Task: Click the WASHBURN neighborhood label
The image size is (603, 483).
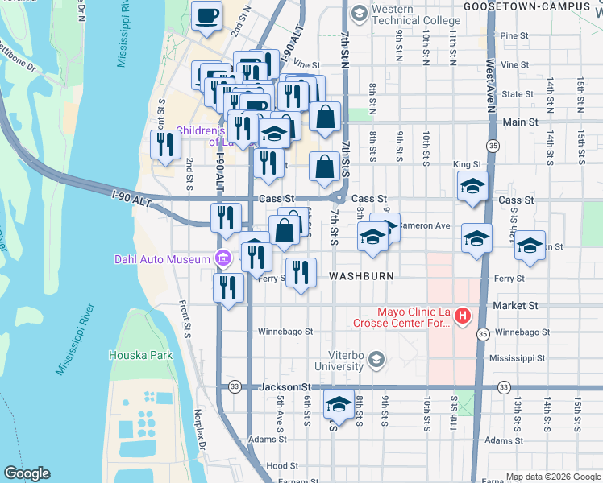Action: (x=360, y=276)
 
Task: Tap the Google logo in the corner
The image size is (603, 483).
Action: (x=27, y=473)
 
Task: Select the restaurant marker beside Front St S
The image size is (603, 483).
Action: (x=165, y=145)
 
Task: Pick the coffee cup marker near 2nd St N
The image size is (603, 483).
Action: (x=207, y=16)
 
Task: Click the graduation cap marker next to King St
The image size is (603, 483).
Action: (x=472, y=187)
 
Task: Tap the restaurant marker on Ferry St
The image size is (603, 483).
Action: (x=301, y=273)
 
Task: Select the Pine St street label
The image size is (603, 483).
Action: (x=514, y=36)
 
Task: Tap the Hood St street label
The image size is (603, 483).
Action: (x=282, y=466)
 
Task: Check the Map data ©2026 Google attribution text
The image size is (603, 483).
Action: (x=552, y=477)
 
